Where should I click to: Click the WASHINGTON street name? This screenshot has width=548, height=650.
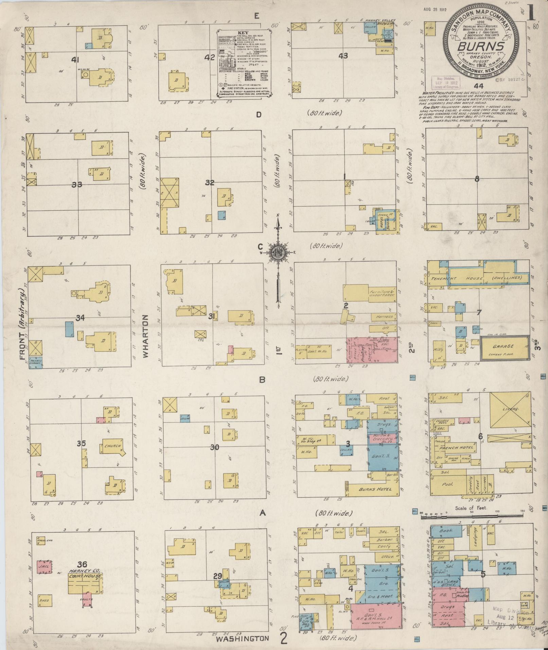pyautogui.click(x=243, y=638)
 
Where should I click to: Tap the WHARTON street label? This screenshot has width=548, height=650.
pyautogui.click(x=146, y=336)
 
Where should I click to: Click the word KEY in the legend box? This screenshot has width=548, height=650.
pyautogui.click(x=244, y=33)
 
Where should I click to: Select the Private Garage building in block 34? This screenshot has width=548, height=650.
pyautogui.click(x=36, y=362)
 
